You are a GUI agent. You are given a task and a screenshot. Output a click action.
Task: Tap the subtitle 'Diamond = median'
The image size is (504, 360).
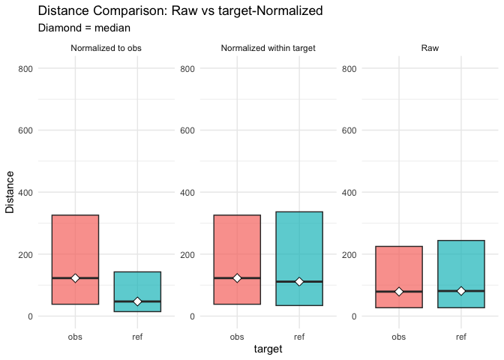click(x=84, y=28)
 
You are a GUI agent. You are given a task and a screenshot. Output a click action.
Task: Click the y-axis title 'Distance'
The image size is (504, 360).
click(x=10, y=192)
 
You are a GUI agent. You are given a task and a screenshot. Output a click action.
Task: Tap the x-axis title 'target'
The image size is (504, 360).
click(x=268, y=349)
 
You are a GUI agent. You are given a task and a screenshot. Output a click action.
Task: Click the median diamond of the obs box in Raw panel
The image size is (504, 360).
click(x=399, y=292)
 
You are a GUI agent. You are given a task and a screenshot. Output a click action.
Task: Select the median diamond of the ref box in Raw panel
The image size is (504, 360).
click(x=461, y=291)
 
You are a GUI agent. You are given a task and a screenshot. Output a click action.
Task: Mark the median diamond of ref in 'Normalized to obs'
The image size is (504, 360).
click(x=137, y=301)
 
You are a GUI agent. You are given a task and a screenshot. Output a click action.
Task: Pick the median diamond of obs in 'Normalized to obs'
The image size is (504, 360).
click(x=75, y=278)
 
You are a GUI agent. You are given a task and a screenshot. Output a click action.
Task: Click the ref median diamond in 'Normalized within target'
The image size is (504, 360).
click(x=299, y=281)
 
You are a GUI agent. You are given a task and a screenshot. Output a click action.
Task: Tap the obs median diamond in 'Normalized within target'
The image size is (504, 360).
click(x=237, y=278)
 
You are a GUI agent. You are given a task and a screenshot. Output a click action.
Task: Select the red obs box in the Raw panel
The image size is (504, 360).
click(x=399, y=270)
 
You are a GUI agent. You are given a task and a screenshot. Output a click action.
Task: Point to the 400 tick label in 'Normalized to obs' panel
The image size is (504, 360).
click(x=25, y=193)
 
